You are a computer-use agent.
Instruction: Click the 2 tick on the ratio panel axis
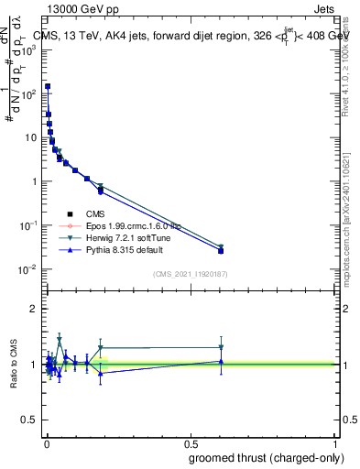(x=33, y=309)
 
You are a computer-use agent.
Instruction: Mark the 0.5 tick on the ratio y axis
(x=29, y=420)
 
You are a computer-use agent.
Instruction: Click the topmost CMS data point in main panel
(x=48, y=86)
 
